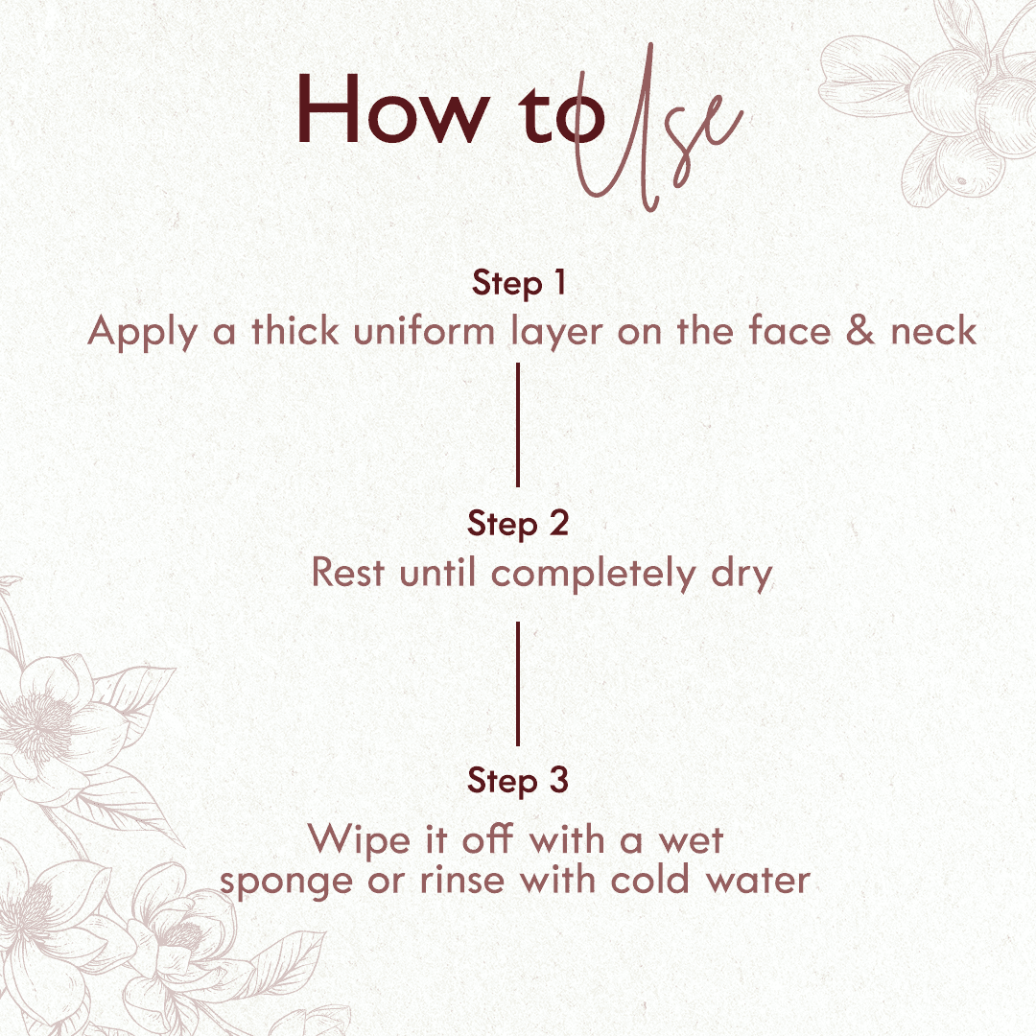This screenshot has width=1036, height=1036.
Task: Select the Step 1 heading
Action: coord(519,283)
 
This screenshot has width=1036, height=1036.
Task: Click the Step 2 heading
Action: coord(518,525)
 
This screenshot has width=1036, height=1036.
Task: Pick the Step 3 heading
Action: coord(518,781)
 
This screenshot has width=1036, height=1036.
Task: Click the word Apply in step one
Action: coord(143,332)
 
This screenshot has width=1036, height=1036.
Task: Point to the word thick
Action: coord(295,330)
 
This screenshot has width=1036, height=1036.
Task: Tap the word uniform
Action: coord(424,330)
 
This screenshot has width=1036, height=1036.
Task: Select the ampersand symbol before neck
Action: coord(860,330)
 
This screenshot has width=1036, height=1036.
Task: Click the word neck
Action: coord(933,330)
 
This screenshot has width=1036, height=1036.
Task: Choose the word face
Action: coord(789,330)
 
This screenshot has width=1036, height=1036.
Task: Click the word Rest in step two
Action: coord(347,572)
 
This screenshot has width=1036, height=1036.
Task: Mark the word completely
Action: coord(594,575)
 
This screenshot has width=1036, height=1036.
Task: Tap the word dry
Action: coord(742,575)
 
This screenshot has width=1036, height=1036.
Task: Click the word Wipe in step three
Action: coord(359,840)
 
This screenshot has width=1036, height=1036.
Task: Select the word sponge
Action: coord(286,883)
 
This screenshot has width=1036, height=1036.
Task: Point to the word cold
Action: coord(650,880)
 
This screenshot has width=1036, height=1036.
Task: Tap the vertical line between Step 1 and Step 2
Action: coord(518,425)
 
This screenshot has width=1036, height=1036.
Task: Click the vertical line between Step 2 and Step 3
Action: coord(518,684)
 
